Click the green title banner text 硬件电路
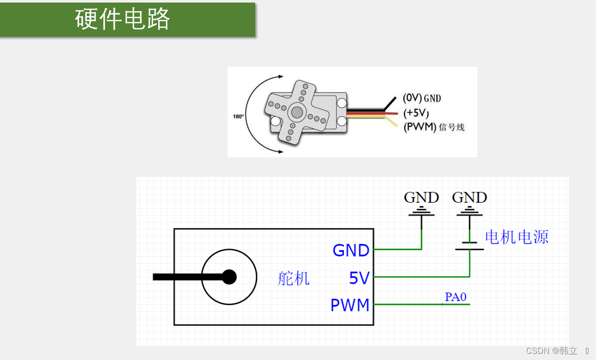point(122,19)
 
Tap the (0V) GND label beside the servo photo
point(422,98)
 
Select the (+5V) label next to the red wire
point(416,113)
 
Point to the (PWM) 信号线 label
point(434,127)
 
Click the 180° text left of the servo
point(238,116)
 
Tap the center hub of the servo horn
point(296,112)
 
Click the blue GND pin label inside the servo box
point(351,250)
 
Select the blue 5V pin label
point(359,278)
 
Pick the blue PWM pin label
point(350,305)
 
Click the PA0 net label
point(455,297)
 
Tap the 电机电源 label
point(517,237)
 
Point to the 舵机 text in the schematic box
point(293,278)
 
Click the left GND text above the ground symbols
point(421,198)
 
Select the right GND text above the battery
point(469,198)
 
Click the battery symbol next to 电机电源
point(470,246)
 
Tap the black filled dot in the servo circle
point(229,277)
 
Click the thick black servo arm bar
point(190,277)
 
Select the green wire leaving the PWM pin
point(422,304)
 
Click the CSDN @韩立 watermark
point(552,350)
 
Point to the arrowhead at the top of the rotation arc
point(281,77)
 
